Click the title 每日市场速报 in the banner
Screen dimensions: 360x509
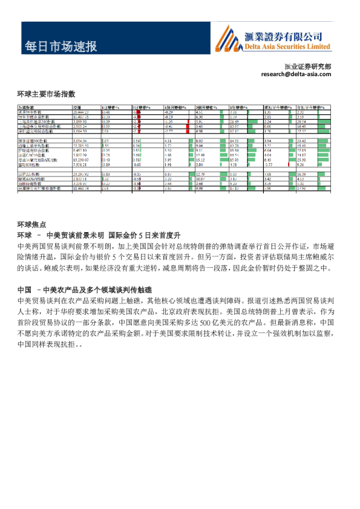click(x=60, y=46)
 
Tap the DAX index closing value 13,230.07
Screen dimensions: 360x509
click(x=81, y=158)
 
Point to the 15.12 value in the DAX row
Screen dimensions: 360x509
click(x=201, y=158)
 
